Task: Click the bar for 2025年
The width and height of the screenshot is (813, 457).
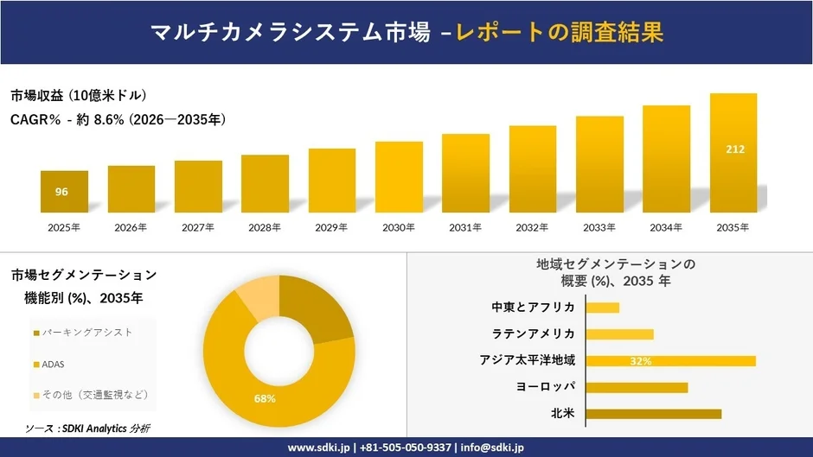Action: [x=64, y=192]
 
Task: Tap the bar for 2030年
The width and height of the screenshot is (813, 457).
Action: [x=399, y=177]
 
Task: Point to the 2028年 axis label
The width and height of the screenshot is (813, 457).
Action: [x=266, y=227]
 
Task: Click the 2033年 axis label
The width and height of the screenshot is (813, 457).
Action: [x=599, y=227]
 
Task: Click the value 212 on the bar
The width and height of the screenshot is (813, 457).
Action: [x=734, y=149]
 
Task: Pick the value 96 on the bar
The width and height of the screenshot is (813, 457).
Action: [x=61, y=192]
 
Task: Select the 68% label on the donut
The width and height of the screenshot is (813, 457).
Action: [x=265, y=398]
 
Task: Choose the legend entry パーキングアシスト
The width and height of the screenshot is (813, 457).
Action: [x=82, y=333]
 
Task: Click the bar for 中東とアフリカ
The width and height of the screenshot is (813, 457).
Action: [x=603, y=308]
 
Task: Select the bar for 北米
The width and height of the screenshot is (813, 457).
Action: [x=654, y=414]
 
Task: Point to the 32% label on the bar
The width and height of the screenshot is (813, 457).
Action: [x=641, y=361]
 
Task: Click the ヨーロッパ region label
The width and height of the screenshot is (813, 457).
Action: [x=546, y=387]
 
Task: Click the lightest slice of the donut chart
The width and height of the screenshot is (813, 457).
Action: [x=256, y=299]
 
